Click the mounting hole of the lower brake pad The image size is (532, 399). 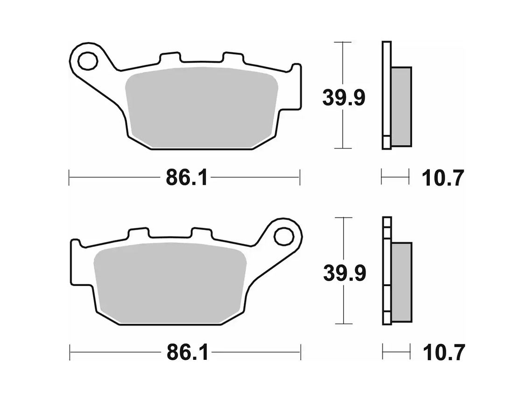(282, 237)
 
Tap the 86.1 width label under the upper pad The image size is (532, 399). (186, 177)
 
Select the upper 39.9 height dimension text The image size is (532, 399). (344, 98)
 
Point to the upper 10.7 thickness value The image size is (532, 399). (443, 178)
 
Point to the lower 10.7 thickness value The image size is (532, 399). (443, 353)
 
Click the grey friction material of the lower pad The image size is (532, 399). (170, 282)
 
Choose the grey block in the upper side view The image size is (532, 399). (401, 106)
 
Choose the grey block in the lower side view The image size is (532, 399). (402, 282)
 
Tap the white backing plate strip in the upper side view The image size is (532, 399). (386, 93)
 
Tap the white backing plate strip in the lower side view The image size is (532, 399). (387, 271)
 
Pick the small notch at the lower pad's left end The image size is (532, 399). (75, 245)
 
